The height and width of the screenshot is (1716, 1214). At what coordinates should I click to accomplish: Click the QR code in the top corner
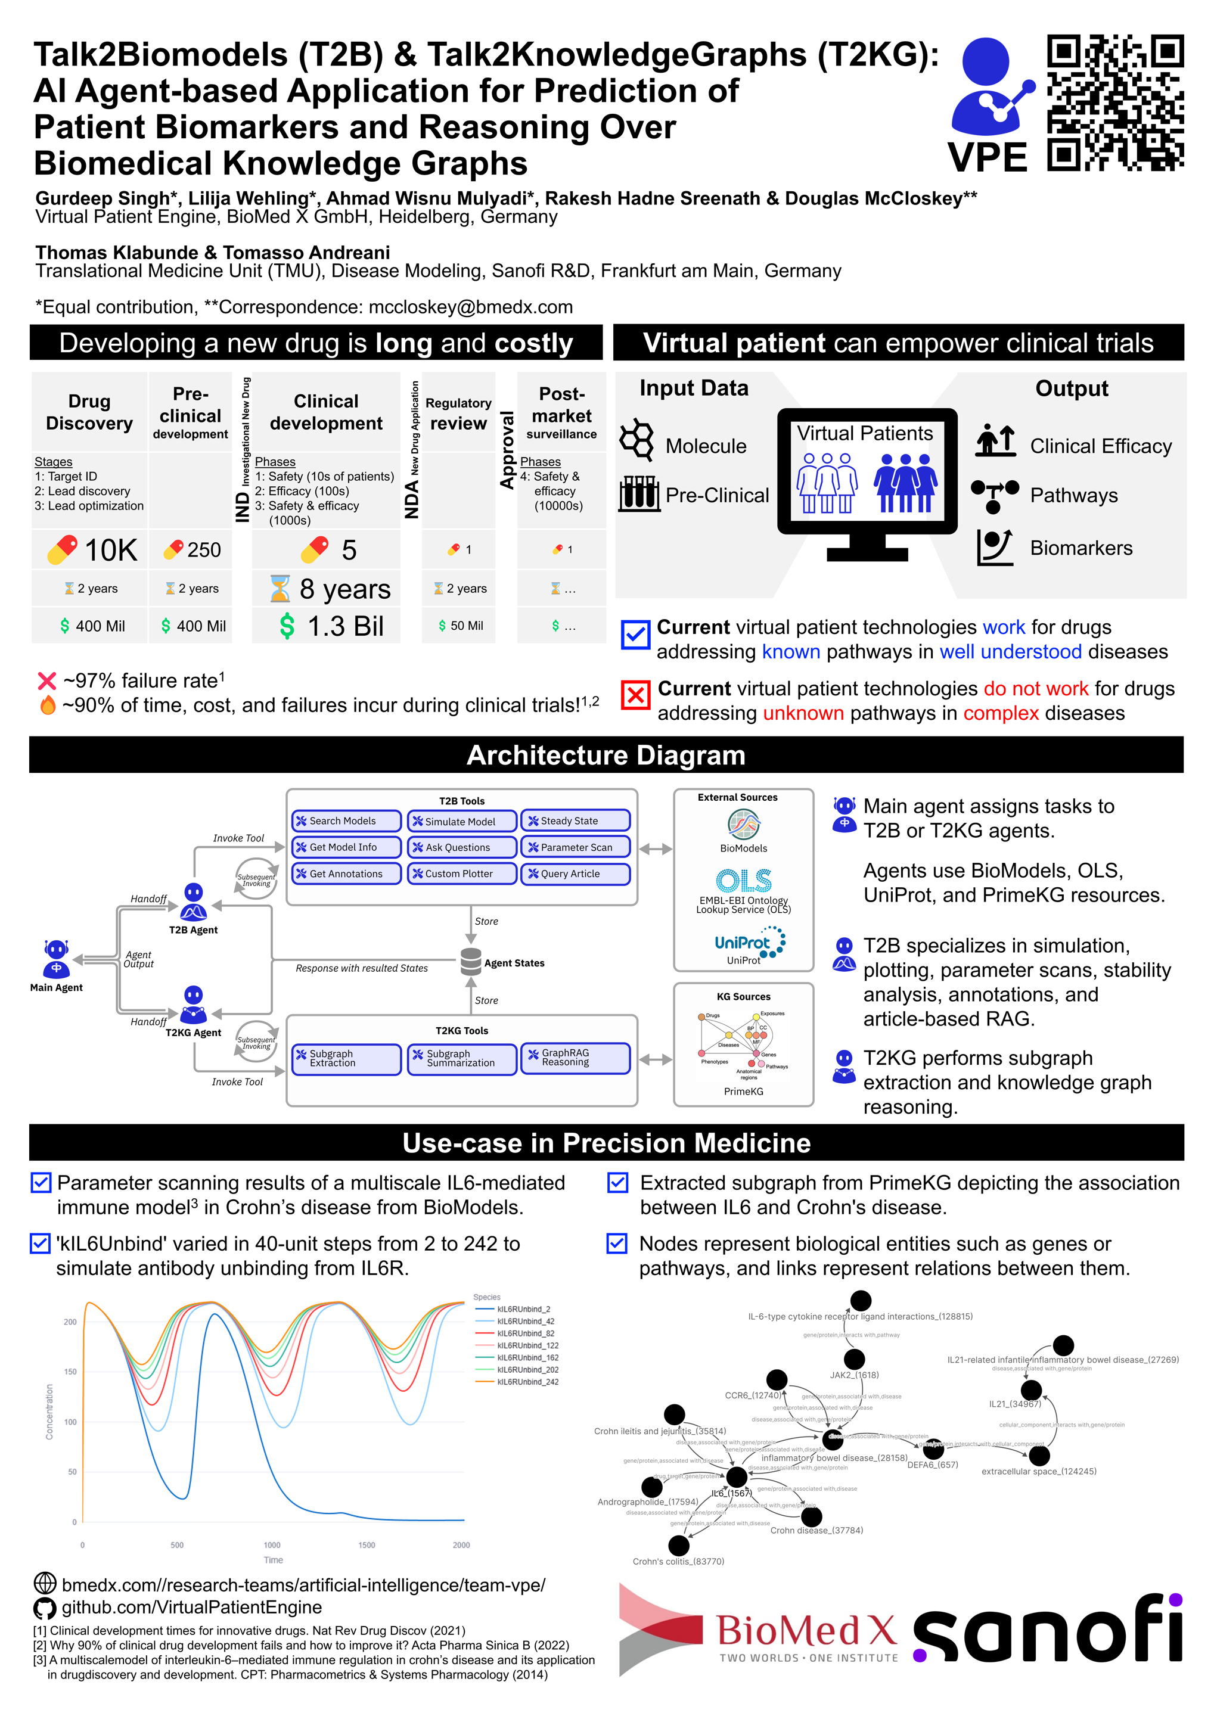point(1114,102)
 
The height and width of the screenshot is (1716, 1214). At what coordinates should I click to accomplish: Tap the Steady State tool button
point(575,820)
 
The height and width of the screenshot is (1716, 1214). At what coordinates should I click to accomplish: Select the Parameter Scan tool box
point(575,847)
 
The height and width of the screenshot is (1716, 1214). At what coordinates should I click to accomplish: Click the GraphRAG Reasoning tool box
point(575,1058)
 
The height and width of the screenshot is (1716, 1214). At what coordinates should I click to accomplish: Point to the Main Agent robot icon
point(56,959)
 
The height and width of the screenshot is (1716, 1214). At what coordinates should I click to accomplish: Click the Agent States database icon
point(471,962)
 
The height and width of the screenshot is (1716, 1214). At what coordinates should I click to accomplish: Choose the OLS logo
point(743,881)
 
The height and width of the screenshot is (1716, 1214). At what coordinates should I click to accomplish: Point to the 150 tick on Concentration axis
point(70,1372)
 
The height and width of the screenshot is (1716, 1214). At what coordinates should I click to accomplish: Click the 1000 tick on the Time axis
point(272,1545)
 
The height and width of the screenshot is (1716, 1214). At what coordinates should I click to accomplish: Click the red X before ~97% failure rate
point(46,681)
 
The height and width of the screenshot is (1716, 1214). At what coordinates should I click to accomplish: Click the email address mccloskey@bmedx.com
point(470,307)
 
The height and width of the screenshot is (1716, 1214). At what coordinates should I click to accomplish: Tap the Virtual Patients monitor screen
point(867,471)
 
